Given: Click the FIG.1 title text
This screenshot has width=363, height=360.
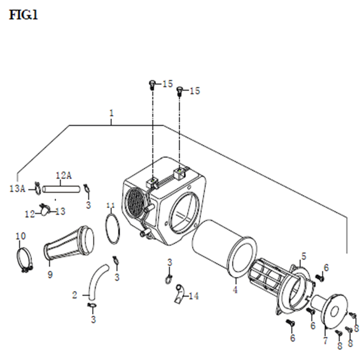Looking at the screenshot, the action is pyautogui.click(x=23, y=15).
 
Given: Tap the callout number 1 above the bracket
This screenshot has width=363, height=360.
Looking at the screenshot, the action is pyautogui.click(x=111, y=113).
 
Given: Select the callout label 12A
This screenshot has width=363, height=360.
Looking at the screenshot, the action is pyautogui.click(x=64, y=176).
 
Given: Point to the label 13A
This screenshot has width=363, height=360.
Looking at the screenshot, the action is pyautogui.click(x=17, y=189).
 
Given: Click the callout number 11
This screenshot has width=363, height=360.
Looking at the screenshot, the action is pyautogui.click(x=111, y=205).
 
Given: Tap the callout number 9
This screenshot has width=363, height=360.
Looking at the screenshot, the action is pyautogui.click(x=50, y=275).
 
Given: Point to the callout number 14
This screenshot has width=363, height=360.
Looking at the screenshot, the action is pyautogui.click(x=194, y=296).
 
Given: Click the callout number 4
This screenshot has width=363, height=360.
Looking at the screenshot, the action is pyautogui.click(x=235, y=290).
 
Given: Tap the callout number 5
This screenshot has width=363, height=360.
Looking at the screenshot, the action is pyautogui.click(x=303, y=256).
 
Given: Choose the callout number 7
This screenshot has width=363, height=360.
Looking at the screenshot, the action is pyautogui.click(x=325, y=340).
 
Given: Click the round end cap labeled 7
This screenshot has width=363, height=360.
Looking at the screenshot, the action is pyautogui.click(x=329, y=311).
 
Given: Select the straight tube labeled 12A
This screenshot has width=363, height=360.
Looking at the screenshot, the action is pyautogui.click(x=61, y=189).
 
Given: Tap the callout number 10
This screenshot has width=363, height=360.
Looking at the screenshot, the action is pyautogui.click(x=21, y=236).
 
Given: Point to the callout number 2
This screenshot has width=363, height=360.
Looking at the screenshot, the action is pyautogui.click(x=74, y=295).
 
